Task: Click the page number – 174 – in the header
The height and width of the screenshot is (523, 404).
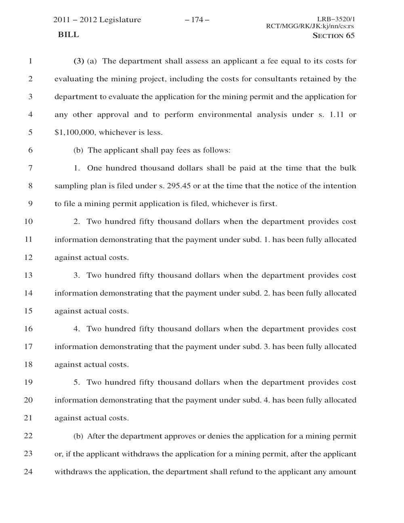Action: pyautogui.click(x=197, y=20)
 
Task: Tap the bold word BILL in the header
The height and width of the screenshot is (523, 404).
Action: pyautogui.click(x=68, y=35)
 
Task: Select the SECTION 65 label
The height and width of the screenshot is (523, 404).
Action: pyautogui.click(x=334, y=36)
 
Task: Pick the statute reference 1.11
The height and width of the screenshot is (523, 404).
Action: pyautogui.click(x=337, y=114)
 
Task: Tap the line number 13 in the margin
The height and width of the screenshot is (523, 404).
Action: pyautogui.click(x=28, y=275)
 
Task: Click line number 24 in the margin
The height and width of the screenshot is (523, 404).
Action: pyautogui.click(x=28, y=471)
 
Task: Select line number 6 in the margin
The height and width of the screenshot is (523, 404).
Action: pyautogui.click(x=30, y=150)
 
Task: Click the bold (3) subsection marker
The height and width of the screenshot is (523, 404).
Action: pyautogui.click(x=78, y=61)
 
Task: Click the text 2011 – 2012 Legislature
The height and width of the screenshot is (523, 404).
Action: pyautogui.click(x=97, y=20)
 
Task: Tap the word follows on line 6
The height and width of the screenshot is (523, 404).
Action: pyautogui.click(x=217, y=150)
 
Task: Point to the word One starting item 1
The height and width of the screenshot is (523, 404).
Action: pyautogui.click(x=95, y=168)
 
